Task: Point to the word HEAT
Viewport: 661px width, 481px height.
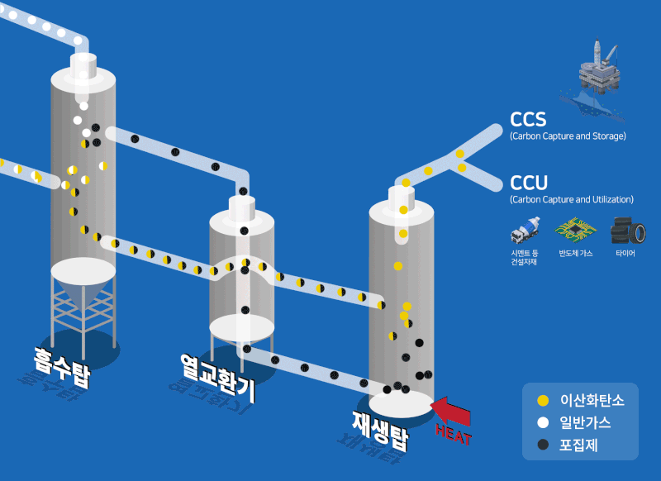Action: (x=453, y=431)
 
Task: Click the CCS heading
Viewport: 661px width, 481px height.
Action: (x=529, y=120)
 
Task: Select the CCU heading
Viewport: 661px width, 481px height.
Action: (x=529, y=183)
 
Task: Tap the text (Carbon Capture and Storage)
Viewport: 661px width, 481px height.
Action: (x=568, y=136)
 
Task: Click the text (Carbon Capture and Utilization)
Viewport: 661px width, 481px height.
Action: (x=572, y=199)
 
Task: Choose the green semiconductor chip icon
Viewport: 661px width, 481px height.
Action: (x=575, y=229)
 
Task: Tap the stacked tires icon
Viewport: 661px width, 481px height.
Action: (x=625, y=229)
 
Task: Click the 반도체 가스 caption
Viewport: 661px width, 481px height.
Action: (x=575, y=253)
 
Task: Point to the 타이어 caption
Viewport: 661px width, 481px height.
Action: (x=625, y=253)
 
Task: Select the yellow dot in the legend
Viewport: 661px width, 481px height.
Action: (x=543, y=401)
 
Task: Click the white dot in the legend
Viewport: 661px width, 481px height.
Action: (x=543, y=423)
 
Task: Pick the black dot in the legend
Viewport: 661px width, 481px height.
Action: (x=543, y=445)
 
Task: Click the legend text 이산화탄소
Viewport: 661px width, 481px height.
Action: (x=592, y=401)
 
